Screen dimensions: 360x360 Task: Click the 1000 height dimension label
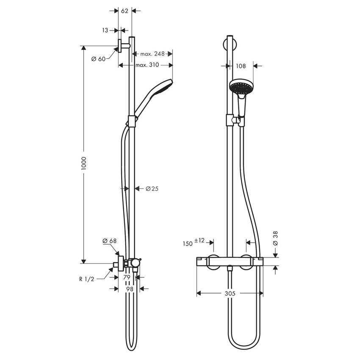[x=84, y=163]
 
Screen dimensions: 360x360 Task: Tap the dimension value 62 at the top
[x=125, y=11]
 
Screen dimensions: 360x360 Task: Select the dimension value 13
[x=105, y=30]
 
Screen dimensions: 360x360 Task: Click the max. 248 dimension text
[x=152, y=54]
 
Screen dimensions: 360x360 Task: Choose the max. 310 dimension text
[x=147, y=65]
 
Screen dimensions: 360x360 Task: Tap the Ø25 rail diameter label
[x=152, y=189]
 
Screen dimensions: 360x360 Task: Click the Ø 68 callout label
[x=109, y=241]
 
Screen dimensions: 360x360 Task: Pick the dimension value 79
[x=127, y=277]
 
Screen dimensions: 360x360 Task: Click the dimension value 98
[x=130, y=288]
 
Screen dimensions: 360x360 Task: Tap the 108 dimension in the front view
[x=241, y=66]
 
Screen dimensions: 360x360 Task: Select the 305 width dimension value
[x=229, y=293]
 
